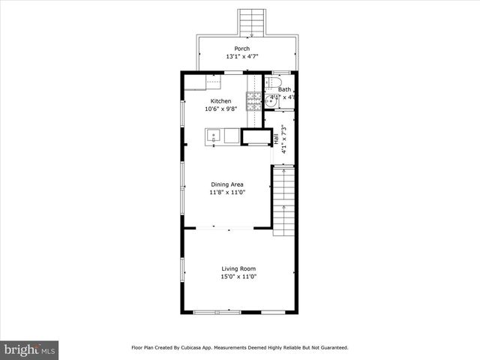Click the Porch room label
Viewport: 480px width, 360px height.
pyautogui.click(x=241, y=48)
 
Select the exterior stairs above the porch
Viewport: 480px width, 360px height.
pyautogui.click(x=251, y=22)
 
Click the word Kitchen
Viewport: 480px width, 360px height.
pyautogui.click(x=220, y=100)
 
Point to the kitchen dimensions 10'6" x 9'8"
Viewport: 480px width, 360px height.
pyautogui.click(x=220, y=109)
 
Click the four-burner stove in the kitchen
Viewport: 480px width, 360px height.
pyautogui.click(x=253, y=100)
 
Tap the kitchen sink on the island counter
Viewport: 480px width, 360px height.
pyautogui.click(x=214, y=136)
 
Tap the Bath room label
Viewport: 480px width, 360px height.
pyautogui.click(x=285, y=89)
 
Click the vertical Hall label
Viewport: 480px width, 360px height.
pyautogui.click(x=276, y=139)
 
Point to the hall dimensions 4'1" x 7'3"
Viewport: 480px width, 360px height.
pyautogui.click(x=283, y=139)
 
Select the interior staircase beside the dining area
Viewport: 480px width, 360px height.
pyautogui.click(x=282, y=199)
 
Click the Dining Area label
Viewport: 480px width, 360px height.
pyautogui.click(x=226, y=184)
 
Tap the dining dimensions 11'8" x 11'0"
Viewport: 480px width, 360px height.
pyautogui.click(x=226, y=193)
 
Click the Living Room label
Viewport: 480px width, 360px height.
pyautogui.click(x=238, y=268)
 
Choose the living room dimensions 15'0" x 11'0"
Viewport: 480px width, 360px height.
pyautogui.click(x=238, y=277)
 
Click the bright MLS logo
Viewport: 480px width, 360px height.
pyautogui.click(x=29, y=349)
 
